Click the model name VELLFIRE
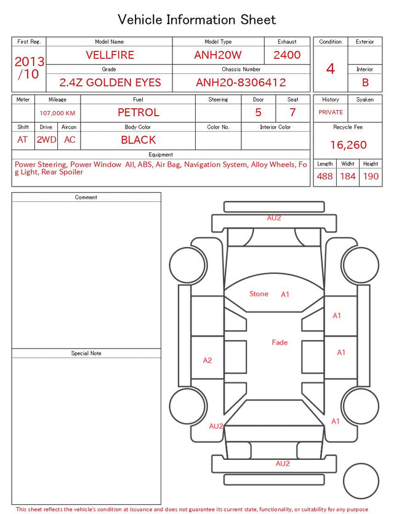(110, 55)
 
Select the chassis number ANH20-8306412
(241, 82)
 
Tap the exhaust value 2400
(287, 55)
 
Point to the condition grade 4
(331, 69)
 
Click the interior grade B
(365, 82)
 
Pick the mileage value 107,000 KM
(57, 113)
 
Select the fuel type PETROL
(139, 113)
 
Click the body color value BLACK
(139, 140)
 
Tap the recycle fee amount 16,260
(348, 145)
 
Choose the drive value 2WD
(46, 140)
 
